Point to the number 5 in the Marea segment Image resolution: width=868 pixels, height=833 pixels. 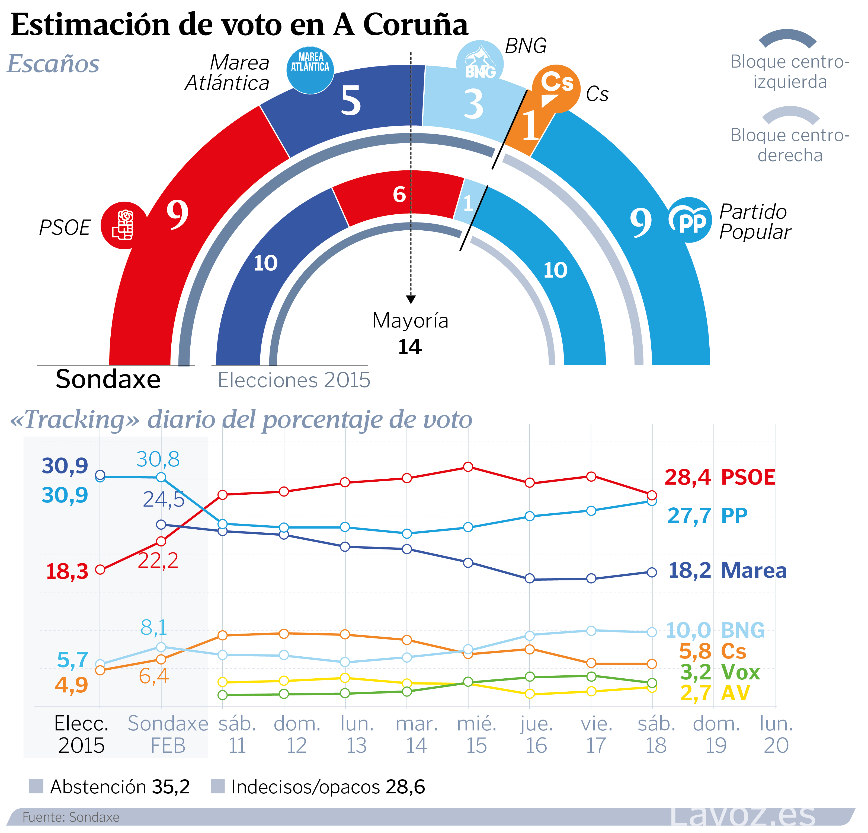(351, 101)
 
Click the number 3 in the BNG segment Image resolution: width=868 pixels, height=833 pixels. (473, 104)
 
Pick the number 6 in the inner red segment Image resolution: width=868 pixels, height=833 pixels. (399, 194)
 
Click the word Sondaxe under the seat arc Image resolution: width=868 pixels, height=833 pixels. (108, 379)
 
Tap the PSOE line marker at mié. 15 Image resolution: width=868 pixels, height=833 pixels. (468, 467)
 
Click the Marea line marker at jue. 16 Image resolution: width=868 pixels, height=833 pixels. (530, 579)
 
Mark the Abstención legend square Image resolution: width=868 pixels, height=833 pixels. (36, 787)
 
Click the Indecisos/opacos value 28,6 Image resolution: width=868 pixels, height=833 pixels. (405, 787)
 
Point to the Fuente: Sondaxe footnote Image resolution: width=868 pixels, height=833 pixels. (71, 817)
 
